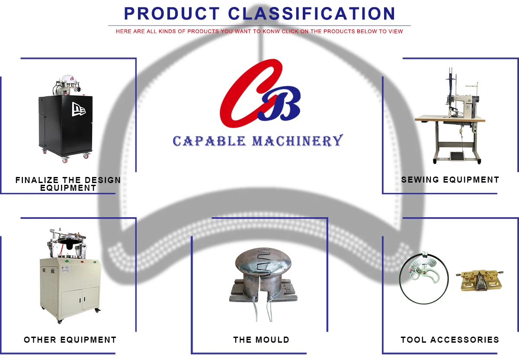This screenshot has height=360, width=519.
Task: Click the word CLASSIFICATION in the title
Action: pyautogui.click(x=311, y=13)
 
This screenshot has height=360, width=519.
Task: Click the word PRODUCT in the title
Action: pyautogui.click(x=173, y=13)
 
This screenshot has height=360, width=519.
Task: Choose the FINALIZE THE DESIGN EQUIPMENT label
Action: pyautogui.click(x=68, y=183)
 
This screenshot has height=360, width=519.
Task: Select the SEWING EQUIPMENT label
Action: pyautogui.click(x=450, y=180)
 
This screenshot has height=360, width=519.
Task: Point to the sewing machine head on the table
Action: pyautogui.click(x=458, y=104)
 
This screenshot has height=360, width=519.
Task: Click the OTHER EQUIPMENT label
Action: pyautogui.click(x=70, y=340)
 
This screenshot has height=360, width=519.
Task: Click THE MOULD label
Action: pyautogui.click(x=261, y=340)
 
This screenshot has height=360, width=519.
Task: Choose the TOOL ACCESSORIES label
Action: pyautogui.click(x=450, y=340)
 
